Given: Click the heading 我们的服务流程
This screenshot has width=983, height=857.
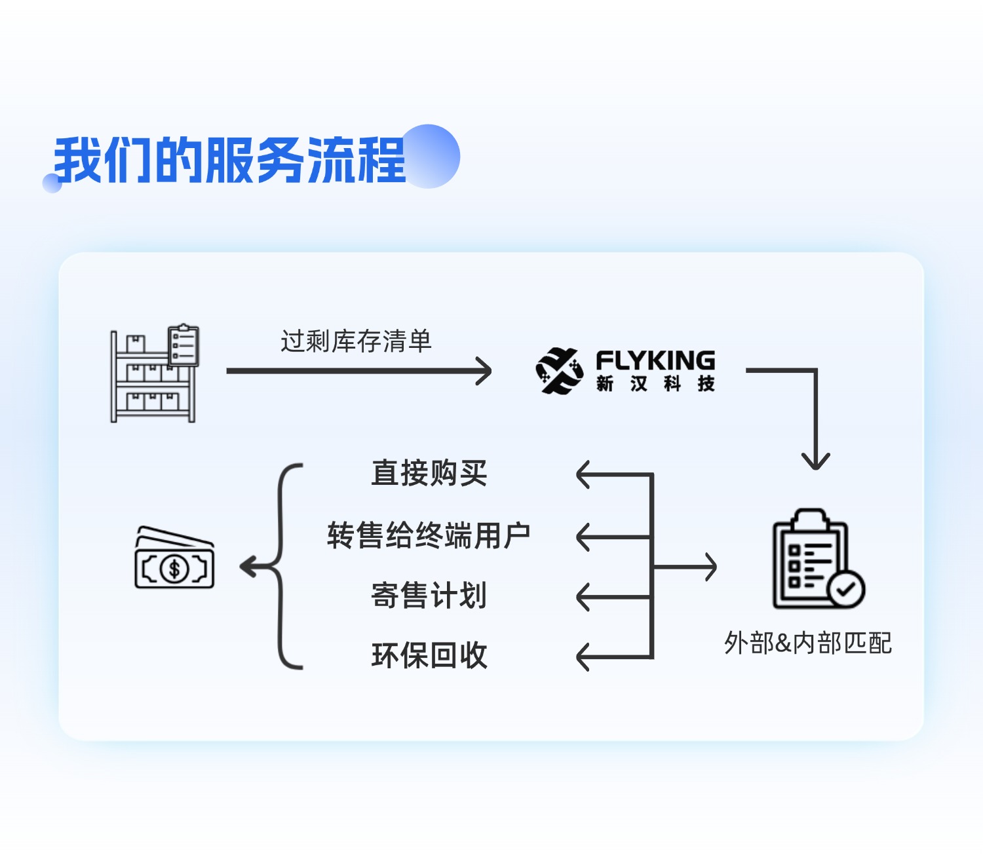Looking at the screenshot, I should click(229, 161).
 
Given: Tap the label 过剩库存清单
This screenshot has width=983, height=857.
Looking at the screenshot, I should click(356, 341).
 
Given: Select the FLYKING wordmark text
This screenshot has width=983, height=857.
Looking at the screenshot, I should click(655, 360).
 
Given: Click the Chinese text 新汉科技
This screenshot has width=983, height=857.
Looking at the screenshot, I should click(655, 383).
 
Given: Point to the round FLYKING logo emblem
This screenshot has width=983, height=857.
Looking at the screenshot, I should click(559, 371).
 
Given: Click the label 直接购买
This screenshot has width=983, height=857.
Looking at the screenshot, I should click(429, 473).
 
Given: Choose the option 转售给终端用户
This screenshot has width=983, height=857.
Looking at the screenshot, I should click(429, 535).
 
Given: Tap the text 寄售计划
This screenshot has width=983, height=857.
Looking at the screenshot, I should click(429, 596).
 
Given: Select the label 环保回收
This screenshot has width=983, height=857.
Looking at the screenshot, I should click(429, 655).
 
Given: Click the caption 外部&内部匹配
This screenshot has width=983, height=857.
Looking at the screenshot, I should click(807, 643).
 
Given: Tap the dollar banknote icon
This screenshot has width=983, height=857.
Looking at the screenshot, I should click(174, 558).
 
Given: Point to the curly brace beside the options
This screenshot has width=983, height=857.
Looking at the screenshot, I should click(283, 566).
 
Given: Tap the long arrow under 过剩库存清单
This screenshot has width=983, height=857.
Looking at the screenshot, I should click(358, 371).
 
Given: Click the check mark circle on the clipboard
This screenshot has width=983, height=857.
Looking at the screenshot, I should click(846, 589).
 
